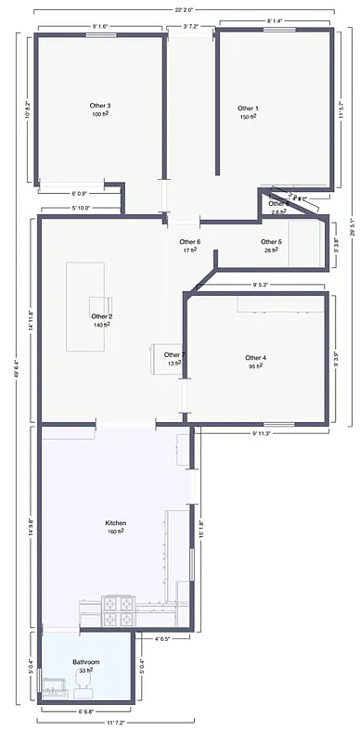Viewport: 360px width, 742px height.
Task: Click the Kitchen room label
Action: pyautogui.click(x=116, y=523)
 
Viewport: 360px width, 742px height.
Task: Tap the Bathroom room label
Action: pyautogui.click(x=86, y=661)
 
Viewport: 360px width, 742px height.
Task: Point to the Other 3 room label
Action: pyautogui.click(x=101, y=106)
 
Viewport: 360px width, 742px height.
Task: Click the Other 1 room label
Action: pyautogui.click(x=248, y=109)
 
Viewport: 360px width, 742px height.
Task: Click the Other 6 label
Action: pyautogui.click(x=190, y=242)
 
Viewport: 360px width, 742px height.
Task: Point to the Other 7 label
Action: pyautogui.click(x=174, y=354)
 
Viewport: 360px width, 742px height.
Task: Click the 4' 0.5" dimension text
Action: pyautogui.click(x=163, y=638)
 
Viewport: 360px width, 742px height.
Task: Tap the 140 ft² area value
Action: pyautogui.click(x=102, y=326)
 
